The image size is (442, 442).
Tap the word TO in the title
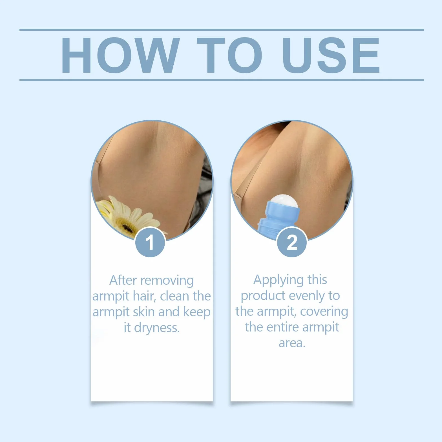pyautogui.click(x=229, y=55)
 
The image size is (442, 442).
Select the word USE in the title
pyautogui.click(x=331, y=55)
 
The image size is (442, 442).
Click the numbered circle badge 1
pyautogui.click(x=150, y=242)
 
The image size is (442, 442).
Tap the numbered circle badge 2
pyautogui.click(x=292, y=242)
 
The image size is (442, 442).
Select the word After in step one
pyautogui.click(x=123, y=280)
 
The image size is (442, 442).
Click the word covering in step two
pyautogui.click(x=324, y=312)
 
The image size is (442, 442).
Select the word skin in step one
pyautogui.click(x=144, y=312)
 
